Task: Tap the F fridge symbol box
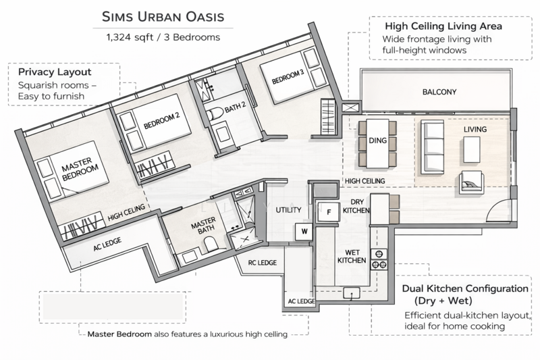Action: point(329,211)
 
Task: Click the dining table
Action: point(373,143)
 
